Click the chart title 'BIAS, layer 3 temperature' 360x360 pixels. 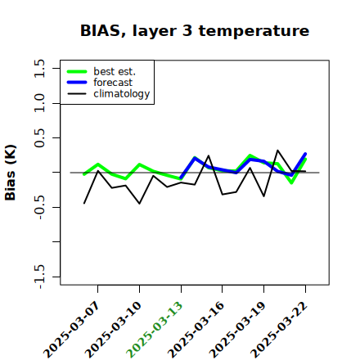[195, 31]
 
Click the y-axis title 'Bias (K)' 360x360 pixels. [11, 173]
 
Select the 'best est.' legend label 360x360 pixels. [115, 71]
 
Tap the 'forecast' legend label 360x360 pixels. [113, 83]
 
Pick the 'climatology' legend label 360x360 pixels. [122, 94]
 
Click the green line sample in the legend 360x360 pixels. [77, 72]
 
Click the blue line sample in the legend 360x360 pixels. [77, 83]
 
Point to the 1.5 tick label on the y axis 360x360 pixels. [39, 68]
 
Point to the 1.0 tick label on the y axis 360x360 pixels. [39, 103]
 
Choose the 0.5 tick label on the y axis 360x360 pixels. [39, 138]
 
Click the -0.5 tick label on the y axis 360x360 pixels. [39, 208]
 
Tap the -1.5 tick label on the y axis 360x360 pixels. [39, 277]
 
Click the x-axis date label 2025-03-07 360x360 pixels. [72, 330]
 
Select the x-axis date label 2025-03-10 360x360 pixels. [114, 330]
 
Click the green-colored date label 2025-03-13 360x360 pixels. [155, 330]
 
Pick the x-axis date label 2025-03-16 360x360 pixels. [196, 330]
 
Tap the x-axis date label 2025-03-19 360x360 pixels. [237, 330]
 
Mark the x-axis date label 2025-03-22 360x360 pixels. [279, 330]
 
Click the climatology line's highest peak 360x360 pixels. [277, 150]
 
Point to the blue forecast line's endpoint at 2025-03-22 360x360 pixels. [305, 154]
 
